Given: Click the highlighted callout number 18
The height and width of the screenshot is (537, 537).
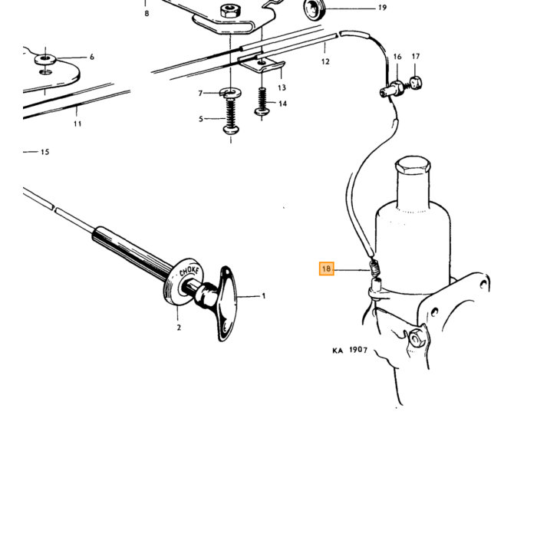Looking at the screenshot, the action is tap(326, 268).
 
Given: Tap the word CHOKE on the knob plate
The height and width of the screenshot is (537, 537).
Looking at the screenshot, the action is tap(189, 272).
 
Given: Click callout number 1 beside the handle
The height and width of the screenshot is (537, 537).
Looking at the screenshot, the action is tap(264, 295).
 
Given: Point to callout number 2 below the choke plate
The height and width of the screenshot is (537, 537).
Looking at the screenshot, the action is tap(179, 328).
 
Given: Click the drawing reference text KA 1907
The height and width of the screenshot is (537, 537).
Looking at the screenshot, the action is tap(350, 350).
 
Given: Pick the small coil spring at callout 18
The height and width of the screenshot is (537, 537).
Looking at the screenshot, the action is tap(375, 267).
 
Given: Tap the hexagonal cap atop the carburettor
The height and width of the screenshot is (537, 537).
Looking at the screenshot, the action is tap(413, 165).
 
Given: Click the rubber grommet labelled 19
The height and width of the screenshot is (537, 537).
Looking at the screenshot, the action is tap(314, 9).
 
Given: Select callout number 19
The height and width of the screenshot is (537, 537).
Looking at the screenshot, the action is tap(383, 8).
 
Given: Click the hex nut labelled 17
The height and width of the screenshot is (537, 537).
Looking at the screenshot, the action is tap(416, 83).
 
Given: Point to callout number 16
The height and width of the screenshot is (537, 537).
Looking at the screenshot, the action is tap(397, 57).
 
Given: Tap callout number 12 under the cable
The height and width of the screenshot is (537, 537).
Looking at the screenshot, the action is tap(325, 61).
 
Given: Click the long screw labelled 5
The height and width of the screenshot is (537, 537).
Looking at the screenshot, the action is tap(231, 115).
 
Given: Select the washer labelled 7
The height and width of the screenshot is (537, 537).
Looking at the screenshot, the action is tap(230, 93).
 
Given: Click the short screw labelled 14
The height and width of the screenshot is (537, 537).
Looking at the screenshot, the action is tap(262, 101).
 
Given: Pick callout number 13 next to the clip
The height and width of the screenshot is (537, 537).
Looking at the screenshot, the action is tap(282, 87).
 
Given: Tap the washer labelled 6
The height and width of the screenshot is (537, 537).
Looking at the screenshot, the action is tap(45, 59).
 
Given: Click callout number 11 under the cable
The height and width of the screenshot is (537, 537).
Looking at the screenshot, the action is tap(77, 124).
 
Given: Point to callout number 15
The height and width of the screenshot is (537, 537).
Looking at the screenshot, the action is tap(44, 152).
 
